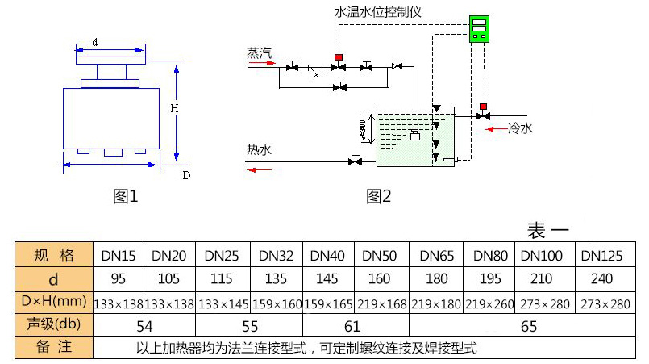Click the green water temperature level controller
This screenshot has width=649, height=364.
481,30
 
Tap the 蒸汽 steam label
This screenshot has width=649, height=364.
260,53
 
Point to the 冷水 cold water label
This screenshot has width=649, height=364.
520,128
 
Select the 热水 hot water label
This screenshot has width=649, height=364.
260,149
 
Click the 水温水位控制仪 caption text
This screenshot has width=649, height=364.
378,13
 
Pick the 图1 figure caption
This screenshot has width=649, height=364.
126,195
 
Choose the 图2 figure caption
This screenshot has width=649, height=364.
378,195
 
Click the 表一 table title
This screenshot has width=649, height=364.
548,230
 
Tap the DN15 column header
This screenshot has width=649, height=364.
119,257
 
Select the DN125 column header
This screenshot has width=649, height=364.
601,257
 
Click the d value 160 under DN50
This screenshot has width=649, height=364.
379,280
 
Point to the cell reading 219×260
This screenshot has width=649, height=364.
490,303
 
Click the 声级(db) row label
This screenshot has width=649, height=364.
54,325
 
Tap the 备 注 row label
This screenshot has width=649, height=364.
54,349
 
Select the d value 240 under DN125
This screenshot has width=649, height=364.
601,280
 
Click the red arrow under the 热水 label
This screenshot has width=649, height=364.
260,169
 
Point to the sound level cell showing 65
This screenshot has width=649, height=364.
528,326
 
